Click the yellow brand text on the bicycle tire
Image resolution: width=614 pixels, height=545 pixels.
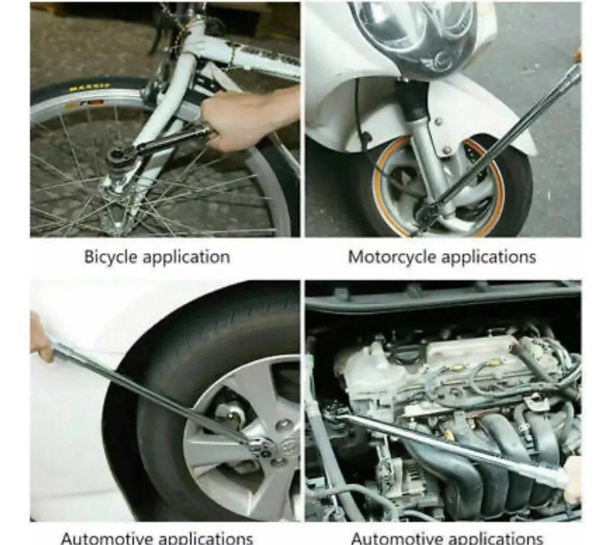pyautogui.click(x=90, y=88)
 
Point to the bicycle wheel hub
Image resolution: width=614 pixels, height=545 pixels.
pyautogui.click(x=114, y=184)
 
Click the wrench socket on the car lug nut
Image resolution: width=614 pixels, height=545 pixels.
pyautogui.click(x=261, y=445)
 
